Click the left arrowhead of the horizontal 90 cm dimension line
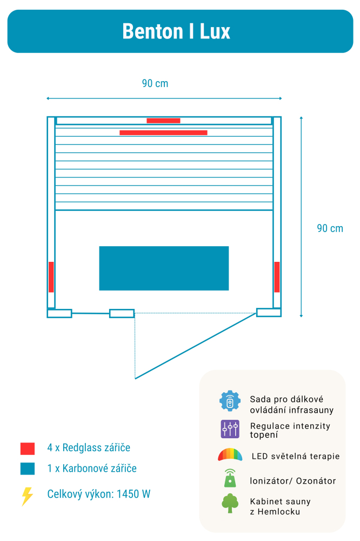[47, 98]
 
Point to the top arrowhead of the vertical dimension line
[301, 117]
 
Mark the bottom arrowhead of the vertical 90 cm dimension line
[301, 316]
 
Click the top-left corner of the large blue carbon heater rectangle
[99, 246]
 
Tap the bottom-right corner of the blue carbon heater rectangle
[229, 291]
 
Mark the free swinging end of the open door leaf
[135, 379]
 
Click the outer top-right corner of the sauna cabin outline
[282, 117]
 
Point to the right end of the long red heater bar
[207, 133]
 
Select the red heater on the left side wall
[51, 277]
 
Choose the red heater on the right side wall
[277, 277]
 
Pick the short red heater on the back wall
[163, 121]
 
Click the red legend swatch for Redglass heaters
[28, 448]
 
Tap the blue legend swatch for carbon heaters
[28, 469]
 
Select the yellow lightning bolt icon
[27, 497]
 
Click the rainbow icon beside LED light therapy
[230, 454]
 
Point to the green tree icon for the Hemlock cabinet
[230, 503]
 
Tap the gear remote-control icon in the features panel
[230, 401]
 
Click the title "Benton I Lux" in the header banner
[176, 31]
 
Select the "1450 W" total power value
[134, 494]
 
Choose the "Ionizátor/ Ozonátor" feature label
[293, 481]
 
